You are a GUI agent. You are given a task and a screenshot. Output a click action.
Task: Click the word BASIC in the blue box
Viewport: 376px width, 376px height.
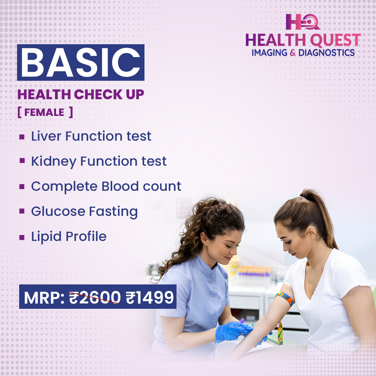click(80, 63)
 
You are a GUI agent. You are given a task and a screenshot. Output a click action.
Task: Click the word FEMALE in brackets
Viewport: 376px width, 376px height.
click(44, 112)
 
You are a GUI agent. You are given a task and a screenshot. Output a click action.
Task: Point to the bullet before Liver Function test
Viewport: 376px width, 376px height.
click(22, 137)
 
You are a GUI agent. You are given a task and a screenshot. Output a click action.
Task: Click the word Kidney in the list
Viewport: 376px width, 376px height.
click(53, 162)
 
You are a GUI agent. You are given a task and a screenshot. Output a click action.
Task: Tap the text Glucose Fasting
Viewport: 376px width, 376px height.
click(84, 212)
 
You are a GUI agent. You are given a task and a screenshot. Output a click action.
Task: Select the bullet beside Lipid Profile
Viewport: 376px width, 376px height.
click(22, 237)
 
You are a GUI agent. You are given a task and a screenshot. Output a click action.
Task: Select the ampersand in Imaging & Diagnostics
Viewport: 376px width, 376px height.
click(293, 53)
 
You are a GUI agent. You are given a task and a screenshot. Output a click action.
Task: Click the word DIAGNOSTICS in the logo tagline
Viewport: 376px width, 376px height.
click(327, 53)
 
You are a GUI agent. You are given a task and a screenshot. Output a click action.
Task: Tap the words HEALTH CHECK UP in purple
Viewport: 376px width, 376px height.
click(80, 95)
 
